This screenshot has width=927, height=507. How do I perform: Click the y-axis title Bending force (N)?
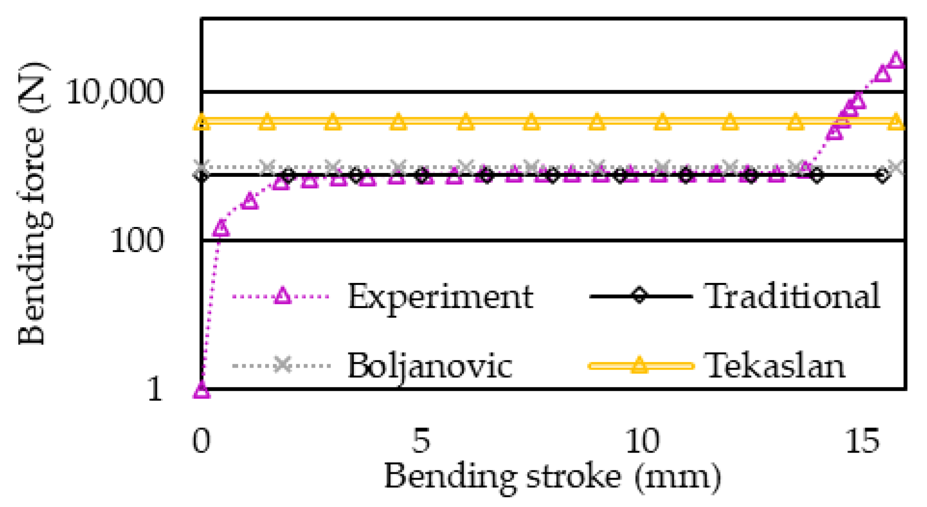33,202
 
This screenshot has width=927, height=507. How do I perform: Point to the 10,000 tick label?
115,92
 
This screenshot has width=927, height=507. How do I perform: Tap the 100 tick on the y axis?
137,240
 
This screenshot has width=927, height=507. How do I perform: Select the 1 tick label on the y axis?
155,388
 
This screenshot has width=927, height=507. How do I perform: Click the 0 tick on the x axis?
202,440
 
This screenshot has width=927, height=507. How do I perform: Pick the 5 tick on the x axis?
421,440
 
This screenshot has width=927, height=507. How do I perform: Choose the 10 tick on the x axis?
642,440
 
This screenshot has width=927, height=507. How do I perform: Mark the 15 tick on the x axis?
862,440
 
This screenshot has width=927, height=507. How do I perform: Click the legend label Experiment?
440,296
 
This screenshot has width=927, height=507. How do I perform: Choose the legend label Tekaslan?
775,365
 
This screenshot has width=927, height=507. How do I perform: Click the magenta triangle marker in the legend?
282,296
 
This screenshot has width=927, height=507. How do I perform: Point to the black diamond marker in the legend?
640,295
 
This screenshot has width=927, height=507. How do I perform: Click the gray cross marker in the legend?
282,365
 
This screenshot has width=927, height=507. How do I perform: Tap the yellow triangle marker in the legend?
640,365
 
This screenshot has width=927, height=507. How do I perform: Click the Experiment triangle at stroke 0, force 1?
202,389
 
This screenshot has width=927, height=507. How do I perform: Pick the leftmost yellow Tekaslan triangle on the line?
202,122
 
